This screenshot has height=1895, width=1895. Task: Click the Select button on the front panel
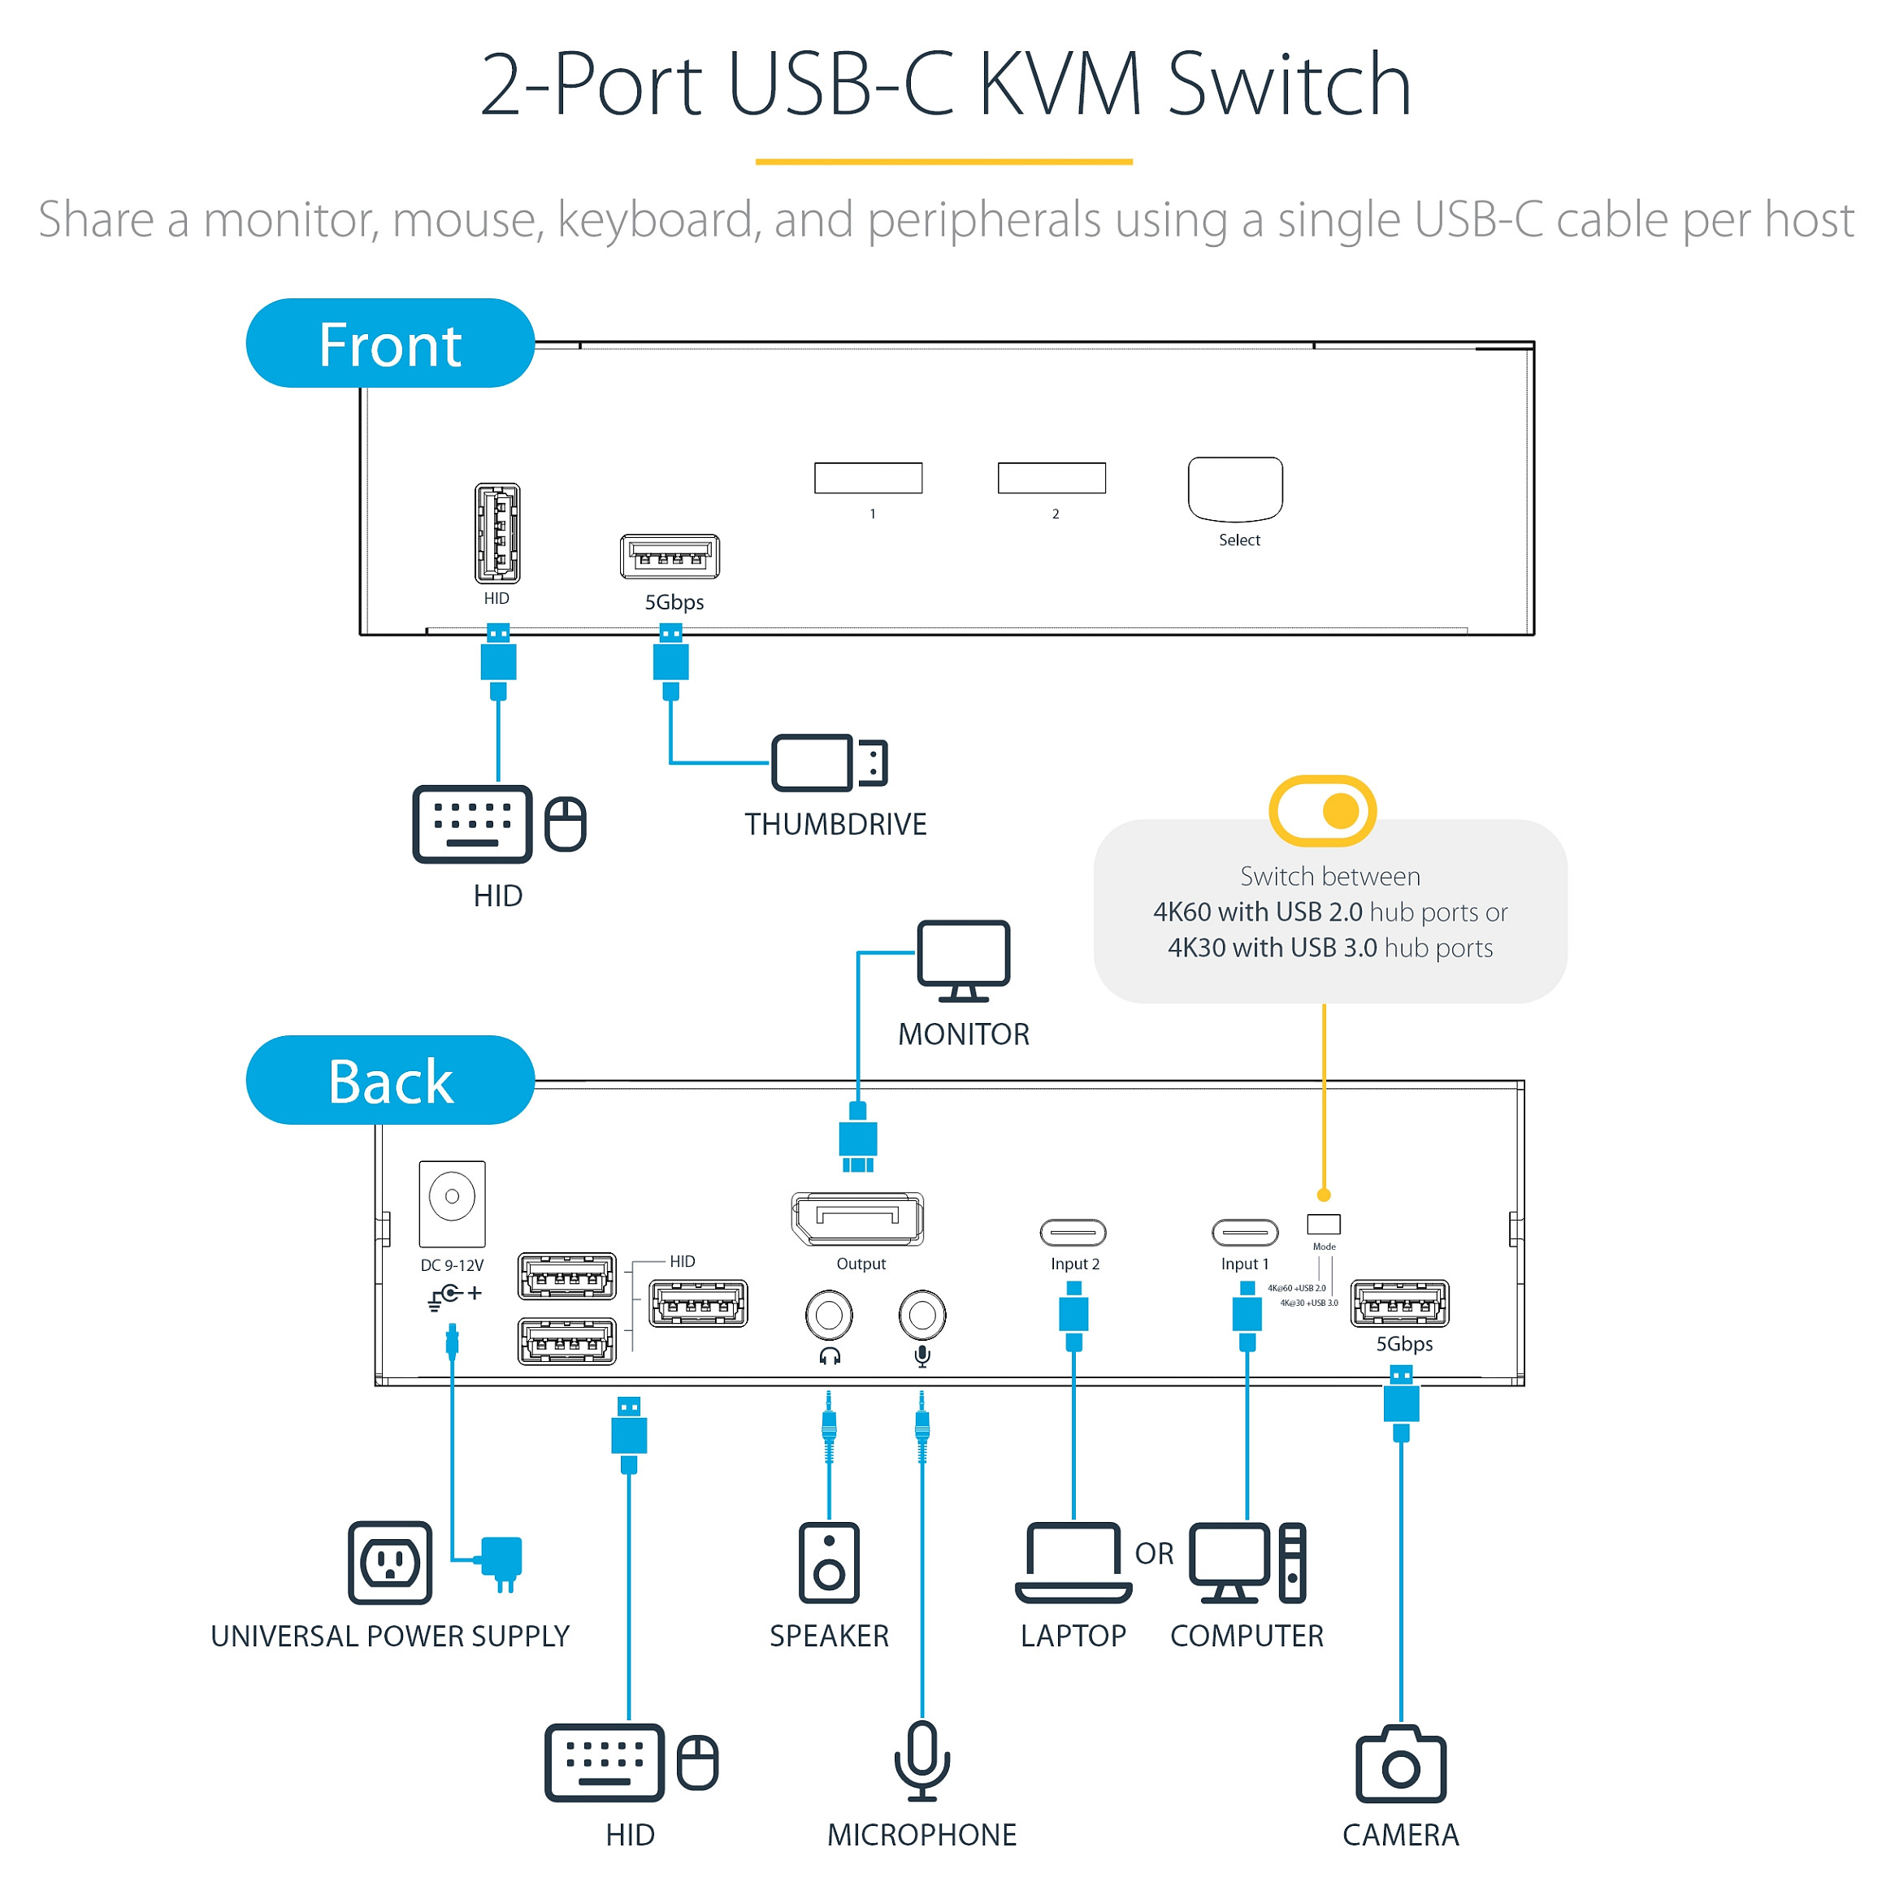pos(1235,488)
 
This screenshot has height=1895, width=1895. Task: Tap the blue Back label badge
pos(389,1080)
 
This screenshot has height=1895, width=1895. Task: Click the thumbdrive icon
pos(829,762)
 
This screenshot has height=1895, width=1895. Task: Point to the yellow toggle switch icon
pos(1322,810)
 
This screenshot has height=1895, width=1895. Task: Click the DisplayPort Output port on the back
pos(857,1218)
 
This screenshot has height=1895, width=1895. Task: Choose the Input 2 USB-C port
pos(1073,1232)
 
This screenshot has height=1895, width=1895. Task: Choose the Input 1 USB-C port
pos(1245,1232)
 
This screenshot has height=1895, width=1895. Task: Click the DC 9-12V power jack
pos(452,1198)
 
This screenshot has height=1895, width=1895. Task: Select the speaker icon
pos(829,1563)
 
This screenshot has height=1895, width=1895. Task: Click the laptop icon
pos(1073,1563)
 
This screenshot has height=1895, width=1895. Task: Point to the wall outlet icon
pos(390,1563)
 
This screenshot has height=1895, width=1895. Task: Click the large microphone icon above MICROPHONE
pos(922,1761)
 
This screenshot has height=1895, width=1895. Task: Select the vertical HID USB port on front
pos(497,534)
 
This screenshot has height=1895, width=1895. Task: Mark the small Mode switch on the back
pos(1323,1224)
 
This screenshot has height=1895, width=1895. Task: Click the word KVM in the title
pos(1060,85)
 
